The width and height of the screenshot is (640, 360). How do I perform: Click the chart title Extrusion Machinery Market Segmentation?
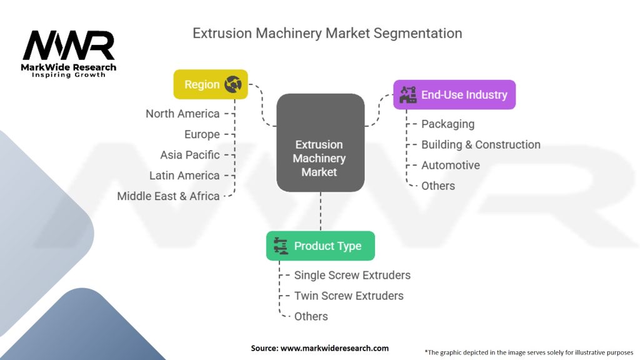[x=327, y=33]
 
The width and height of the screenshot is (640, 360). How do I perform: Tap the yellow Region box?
[x=211, y=84]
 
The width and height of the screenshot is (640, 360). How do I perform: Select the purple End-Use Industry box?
[x=454, y=95]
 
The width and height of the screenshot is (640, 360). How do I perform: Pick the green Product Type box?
[x=321, y=246]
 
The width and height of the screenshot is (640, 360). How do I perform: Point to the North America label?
[x=182, y=114]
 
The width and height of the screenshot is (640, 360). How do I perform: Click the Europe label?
[x=202, y=134]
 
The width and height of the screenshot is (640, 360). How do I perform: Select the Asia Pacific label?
[x=190, y=155]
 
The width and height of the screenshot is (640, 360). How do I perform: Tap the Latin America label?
[x=184, y=176]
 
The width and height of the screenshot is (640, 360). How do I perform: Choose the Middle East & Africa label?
[x=169, y=196]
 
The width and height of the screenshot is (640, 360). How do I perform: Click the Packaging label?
[x=447, y=124]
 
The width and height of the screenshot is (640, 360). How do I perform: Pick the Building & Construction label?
[x=481, y=144]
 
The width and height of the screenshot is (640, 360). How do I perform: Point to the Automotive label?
[x=451, y=165]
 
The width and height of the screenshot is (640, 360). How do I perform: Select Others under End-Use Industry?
[x=438, y=186]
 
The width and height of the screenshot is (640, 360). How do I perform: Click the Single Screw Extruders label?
[x=352, y=275]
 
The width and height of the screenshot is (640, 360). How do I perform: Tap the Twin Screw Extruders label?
[x=349, y=296]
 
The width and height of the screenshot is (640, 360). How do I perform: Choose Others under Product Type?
[x=311, y=316]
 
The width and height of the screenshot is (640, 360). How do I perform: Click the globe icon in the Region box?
[x=233, y=84]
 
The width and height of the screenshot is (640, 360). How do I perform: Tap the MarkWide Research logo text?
[x=69, y=67]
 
